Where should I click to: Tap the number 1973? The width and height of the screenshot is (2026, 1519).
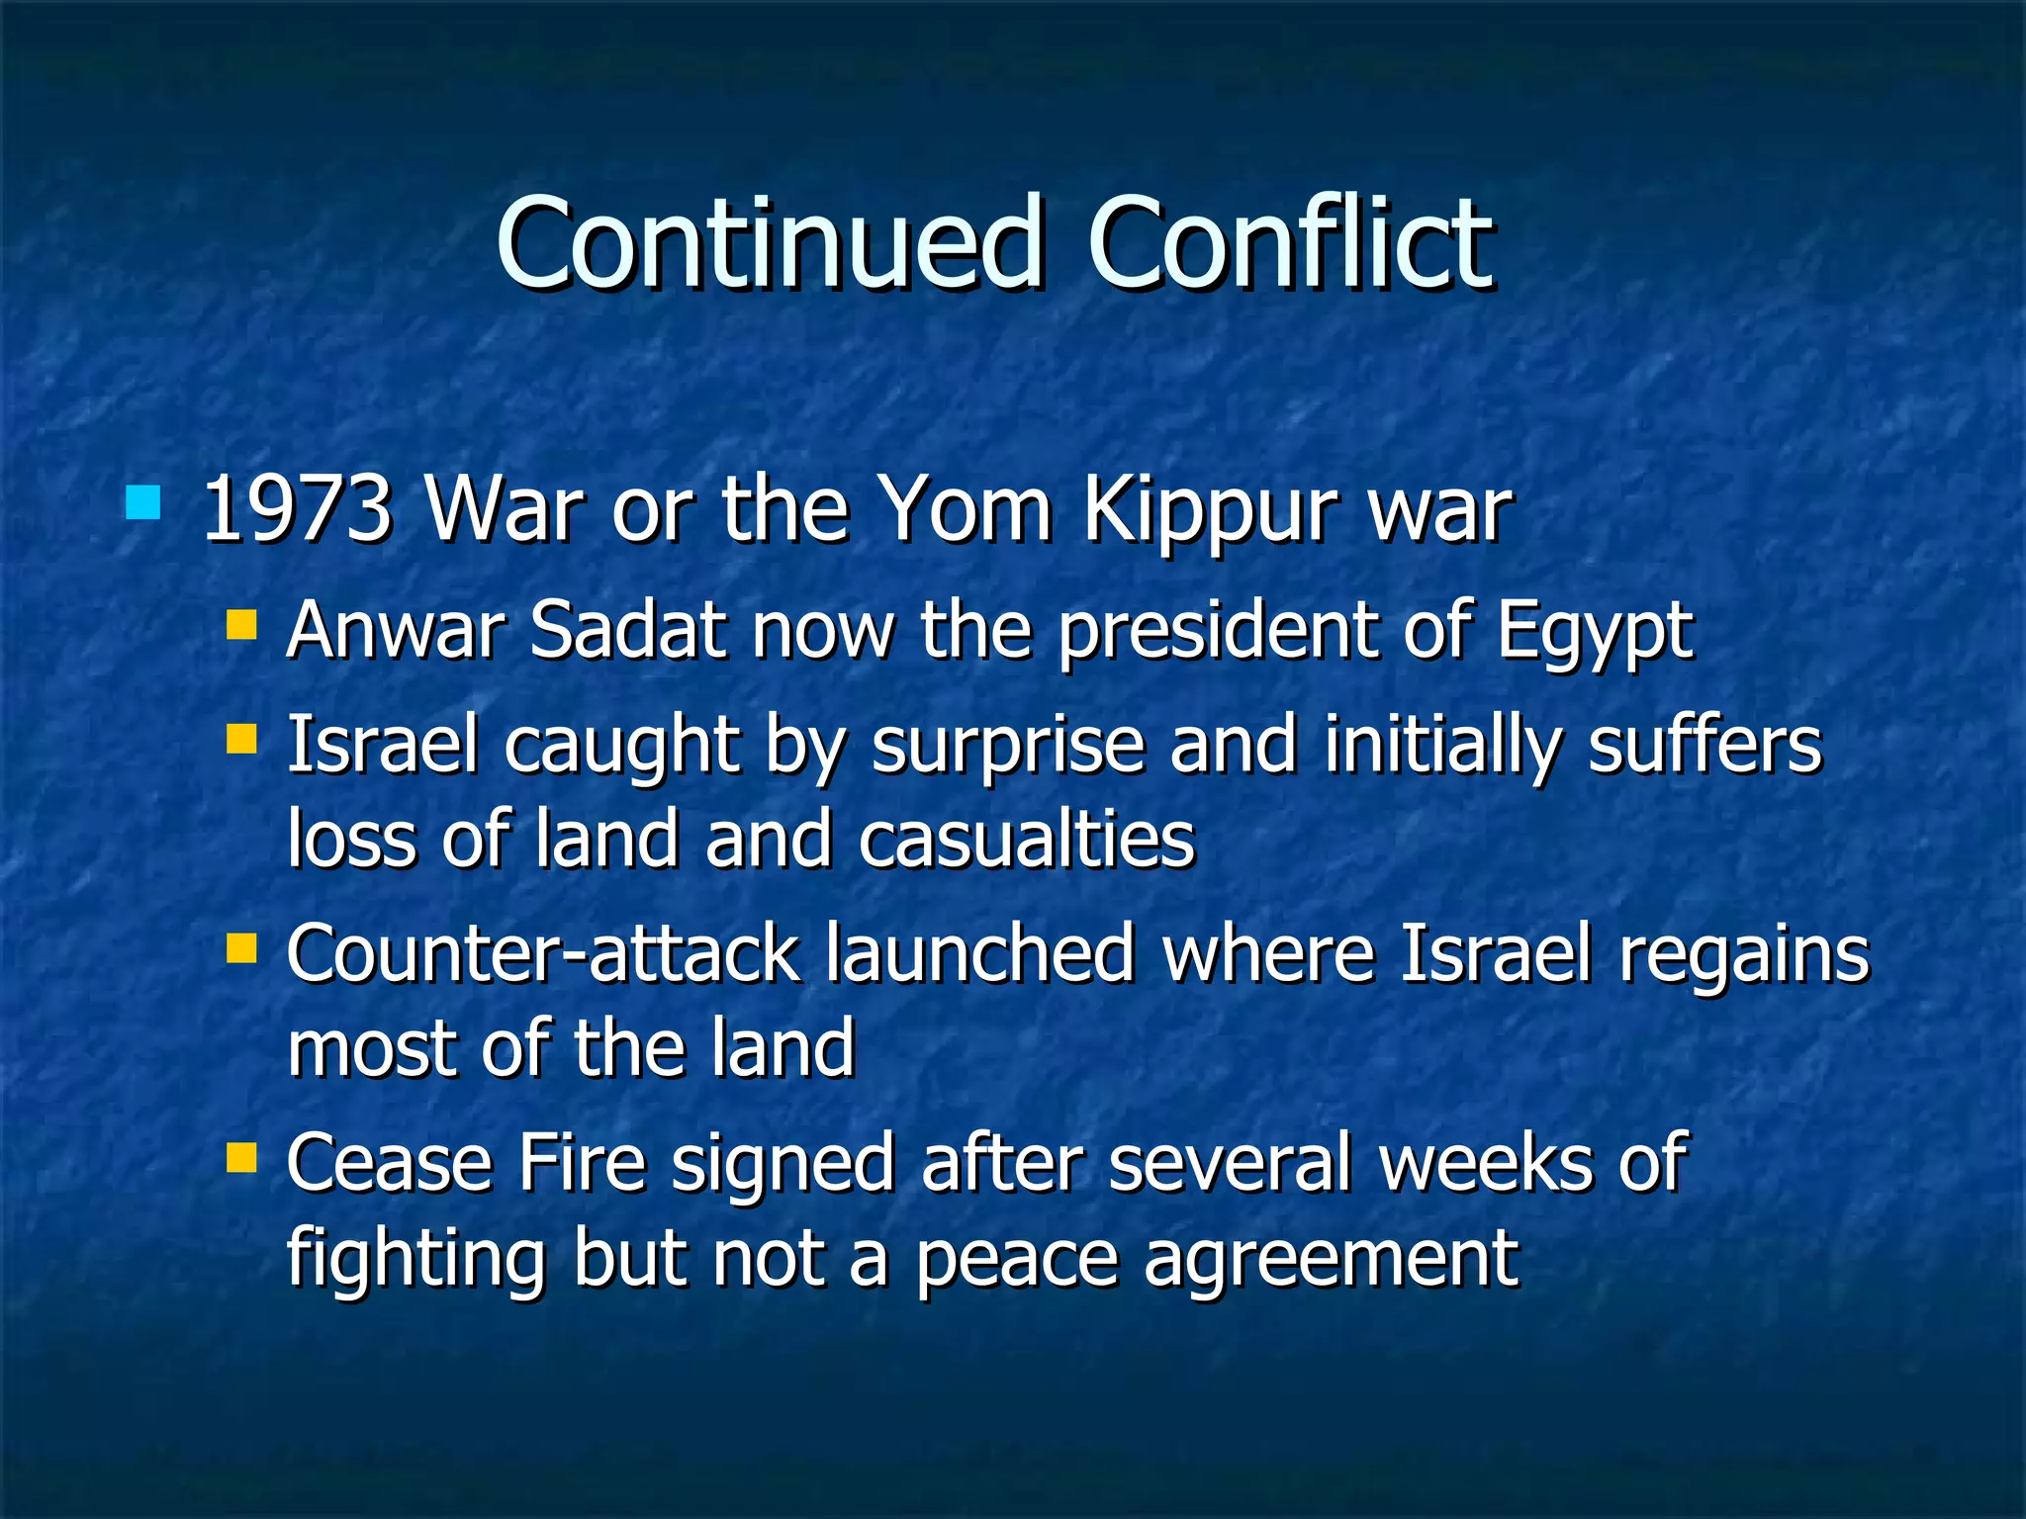point(297,510)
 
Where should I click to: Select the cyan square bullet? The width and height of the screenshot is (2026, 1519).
point(143,502)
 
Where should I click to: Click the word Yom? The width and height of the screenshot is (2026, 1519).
point(966,510)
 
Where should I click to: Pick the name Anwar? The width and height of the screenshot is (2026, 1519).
point(396,630)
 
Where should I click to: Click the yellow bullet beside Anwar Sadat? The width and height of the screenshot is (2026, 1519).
point(241,624)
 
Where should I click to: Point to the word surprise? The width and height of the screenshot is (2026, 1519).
point(1007,746)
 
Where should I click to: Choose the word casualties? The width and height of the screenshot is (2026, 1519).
point(1027,840)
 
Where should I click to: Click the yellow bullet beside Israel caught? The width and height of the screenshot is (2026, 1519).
point(241,738)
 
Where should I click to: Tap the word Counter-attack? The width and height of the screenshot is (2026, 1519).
point(543,954)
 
